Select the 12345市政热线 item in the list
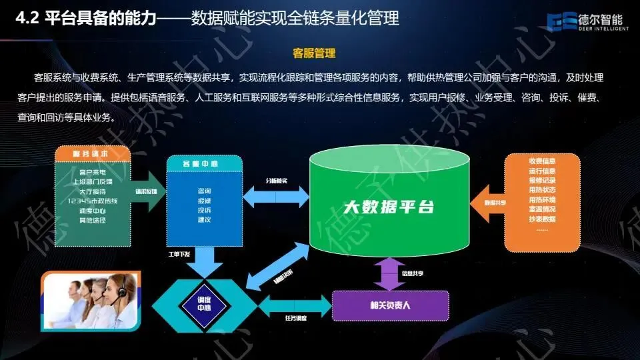click(94, 201)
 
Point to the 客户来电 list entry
click(94, 172)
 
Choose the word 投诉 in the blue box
click(205, 210)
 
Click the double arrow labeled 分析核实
click(276, 195)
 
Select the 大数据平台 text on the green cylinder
click(389, 207)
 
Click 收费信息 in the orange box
click(542, 161)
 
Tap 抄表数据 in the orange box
click(542, 219)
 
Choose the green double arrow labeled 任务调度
click(293, 307)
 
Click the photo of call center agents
click(91, 301)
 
